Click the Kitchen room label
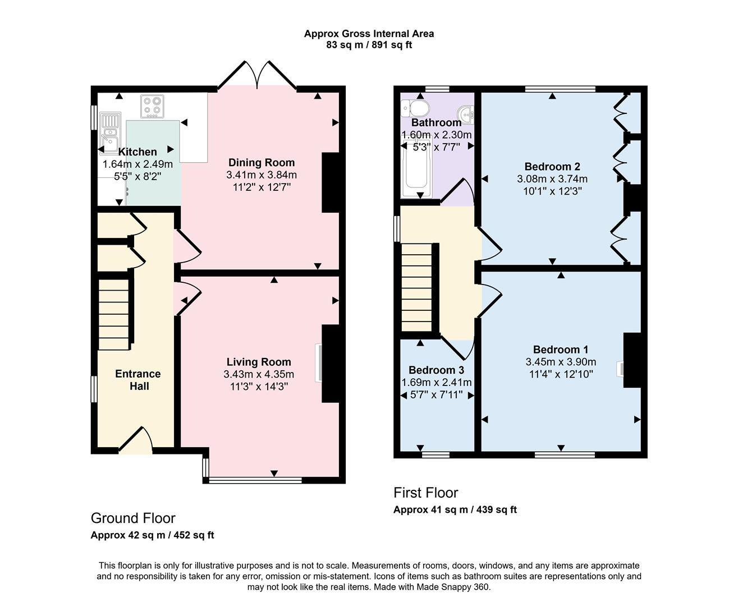137,151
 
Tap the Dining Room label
261,163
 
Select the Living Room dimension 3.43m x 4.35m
259,374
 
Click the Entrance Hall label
138,380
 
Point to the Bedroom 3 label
436,370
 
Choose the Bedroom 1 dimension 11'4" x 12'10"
561,374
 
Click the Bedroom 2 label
552,167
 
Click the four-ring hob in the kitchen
152,107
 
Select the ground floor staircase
115,314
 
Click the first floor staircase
417,287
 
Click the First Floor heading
425,493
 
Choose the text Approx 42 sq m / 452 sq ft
152,535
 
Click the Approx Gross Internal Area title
369,34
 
